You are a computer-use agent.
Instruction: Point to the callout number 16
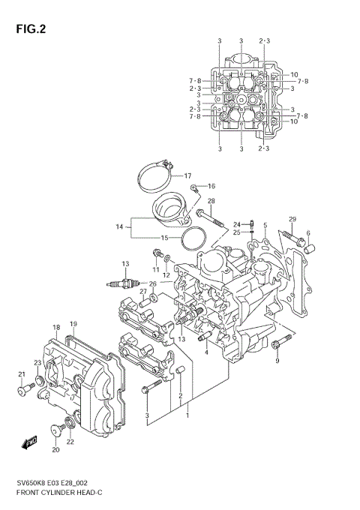tap(211, 186)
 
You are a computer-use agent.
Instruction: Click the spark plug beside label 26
tap(124, 283)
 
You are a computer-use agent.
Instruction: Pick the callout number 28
tap(211, 201)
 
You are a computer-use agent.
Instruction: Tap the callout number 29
tap(292, 219)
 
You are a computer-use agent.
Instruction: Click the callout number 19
tap(73, 324)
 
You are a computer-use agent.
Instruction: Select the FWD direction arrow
tap(29, 442)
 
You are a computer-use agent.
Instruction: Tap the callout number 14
tap(118, 226)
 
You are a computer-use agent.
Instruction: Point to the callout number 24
tap(235, 224)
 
